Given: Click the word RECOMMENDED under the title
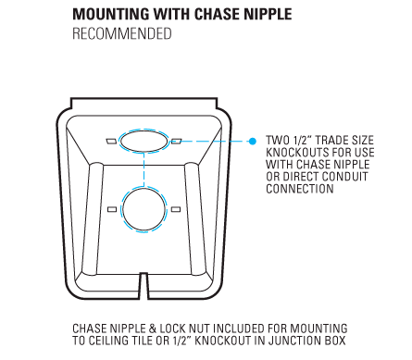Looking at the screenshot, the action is (122, 33).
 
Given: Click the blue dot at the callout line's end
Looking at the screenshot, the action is (253, 142).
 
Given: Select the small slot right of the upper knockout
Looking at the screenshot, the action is (176, 141).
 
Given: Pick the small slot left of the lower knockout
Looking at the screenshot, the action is (112, 209).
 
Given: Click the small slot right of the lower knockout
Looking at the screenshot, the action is (176, 209).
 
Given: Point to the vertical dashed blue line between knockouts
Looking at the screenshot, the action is (144, 169).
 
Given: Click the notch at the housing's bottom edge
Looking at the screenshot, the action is (144, 286).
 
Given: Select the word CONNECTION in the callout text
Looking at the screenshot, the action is (300, 189).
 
